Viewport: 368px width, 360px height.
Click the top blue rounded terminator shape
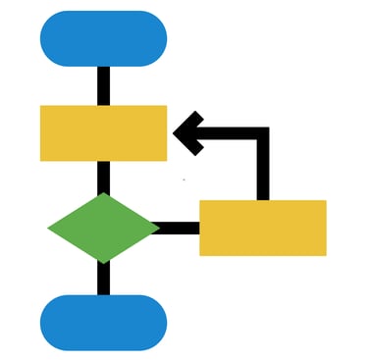pos(103,38)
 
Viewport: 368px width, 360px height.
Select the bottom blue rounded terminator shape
pos(103,322)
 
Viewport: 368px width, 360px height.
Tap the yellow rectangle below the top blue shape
pos(103,132)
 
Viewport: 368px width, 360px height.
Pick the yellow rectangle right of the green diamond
pos(262,228)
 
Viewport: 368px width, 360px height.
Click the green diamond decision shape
pos(103,228)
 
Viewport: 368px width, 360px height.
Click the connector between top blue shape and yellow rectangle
pos(103,85)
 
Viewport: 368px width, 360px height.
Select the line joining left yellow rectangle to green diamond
pos(103,177)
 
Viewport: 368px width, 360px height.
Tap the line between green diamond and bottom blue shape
pos(103,279)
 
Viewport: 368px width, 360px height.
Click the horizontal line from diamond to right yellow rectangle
pos(179,229)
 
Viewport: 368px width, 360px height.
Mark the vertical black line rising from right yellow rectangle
pos(262,172)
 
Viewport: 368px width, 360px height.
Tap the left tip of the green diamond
pos(50,228)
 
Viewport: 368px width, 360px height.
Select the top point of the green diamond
pos(103,194)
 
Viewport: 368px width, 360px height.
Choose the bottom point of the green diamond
pos(103,262)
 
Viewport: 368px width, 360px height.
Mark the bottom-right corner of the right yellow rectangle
pos(324,254)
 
